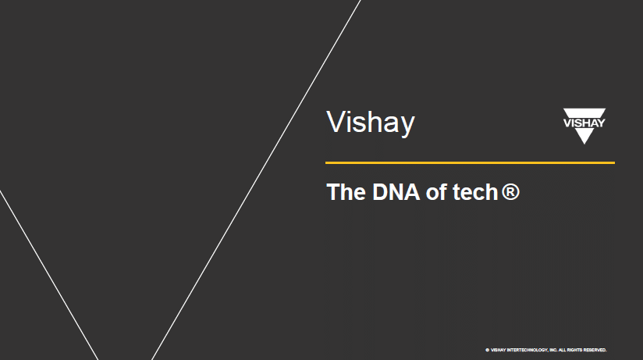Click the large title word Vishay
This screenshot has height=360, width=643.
(x=370, y=123)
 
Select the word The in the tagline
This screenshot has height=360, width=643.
(x=340, y=192)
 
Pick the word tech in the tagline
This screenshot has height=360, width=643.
(x=474, y=192)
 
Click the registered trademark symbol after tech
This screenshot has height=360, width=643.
(x=510, y=192)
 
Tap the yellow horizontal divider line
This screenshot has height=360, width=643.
(x=470, y=162)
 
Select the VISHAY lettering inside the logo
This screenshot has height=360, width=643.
(x=584, y=122)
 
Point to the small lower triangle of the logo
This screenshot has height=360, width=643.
(x=584, y=136)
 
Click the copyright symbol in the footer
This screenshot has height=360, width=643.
(x=487, y=350)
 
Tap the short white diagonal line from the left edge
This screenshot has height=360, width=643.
(x=48, y=273)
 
